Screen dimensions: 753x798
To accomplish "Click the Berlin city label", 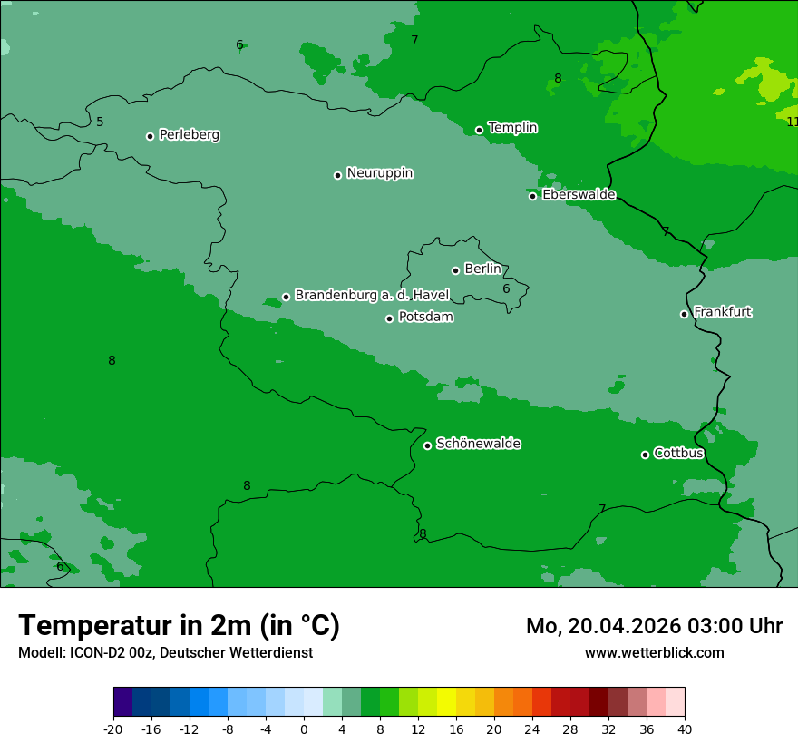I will pos(482,269).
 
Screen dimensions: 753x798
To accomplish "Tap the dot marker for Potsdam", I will pos(390,318).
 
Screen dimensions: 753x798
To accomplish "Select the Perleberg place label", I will pos(189,135).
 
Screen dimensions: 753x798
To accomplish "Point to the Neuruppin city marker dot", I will pos(337,175).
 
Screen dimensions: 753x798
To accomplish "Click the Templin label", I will pos(512,128).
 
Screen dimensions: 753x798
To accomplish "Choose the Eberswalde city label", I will pos(579,195).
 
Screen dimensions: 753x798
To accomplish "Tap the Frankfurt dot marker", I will pos(685,314).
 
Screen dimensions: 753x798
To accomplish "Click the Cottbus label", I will pos(678,453).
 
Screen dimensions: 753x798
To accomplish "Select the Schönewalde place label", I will pos(478,444).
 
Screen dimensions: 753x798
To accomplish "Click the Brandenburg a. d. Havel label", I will pos(372,295).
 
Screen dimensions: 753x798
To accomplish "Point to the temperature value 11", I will pos(792,122).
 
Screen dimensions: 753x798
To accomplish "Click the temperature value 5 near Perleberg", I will pos(100,122).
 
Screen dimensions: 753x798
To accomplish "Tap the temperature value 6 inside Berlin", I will pos(506,289).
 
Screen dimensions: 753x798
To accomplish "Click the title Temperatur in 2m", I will pos(179,625).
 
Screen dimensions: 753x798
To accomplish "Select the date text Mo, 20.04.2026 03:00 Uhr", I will pos(654,626).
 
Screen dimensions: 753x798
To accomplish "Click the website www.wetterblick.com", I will pos(654,652).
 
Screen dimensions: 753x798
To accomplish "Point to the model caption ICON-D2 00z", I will pos(165,652).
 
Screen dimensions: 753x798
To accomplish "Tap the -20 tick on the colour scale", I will pos(113,729).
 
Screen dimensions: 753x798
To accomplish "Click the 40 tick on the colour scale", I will pos(685,729).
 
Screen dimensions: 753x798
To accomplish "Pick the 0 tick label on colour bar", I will pos(304,729).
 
